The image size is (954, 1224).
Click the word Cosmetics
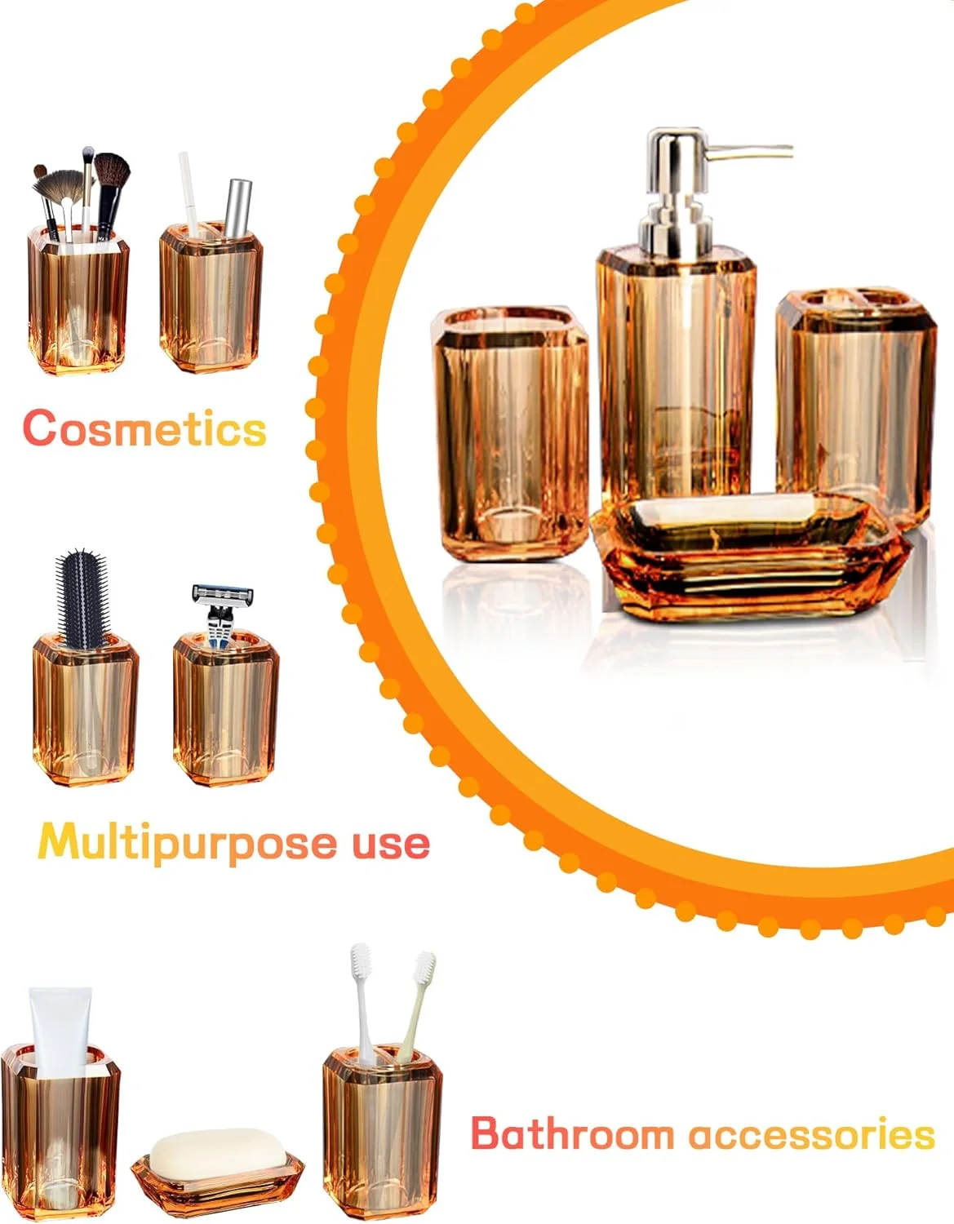[144, 428]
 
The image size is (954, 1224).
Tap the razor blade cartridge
[223, 594]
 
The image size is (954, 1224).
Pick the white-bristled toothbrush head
[361, 963]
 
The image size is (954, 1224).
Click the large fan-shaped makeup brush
[59, 188]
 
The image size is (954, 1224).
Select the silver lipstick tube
[238, 209]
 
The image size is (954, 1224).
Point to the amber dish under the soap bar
[217, 1177]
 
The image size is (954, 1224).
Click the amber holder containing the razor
[226, 710]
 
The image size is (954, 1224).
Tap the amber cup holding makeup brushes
[78, 300]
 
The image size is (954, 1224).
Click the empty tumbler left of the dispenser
[510, 434]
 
